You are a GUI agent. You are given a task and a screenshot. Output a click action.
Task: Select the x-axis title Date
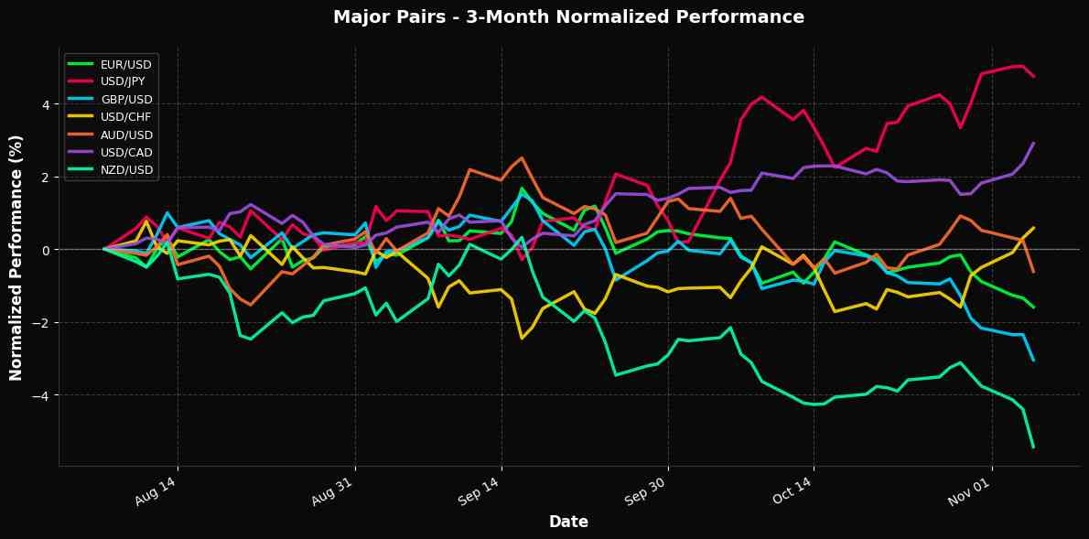568,522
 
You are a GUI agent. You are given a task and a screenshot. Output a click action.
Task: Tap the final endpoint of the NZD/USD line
1033,447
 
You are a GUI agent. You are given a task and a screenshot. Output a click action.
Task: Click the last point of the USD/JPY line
1033,76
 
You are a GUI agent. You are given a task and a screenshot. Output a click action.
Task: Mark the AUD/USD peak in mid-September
522,158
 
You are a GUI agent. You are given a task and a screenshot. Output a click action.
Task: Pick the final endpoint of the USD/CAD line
1033,143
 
